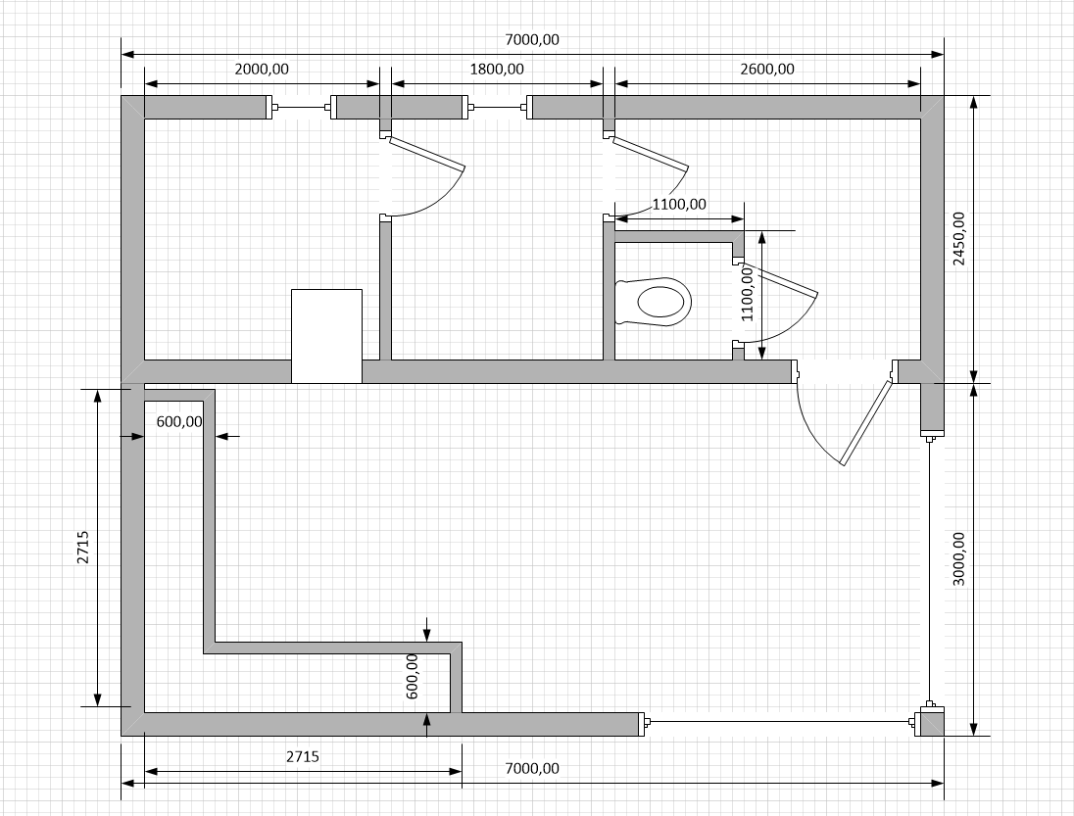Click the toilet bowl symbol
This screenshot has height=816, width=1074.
pos(654,301)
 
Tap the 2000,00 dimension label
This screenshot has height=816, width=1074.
pos(262,70)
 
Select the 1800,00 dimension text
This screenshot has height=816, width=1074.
pos(497,70)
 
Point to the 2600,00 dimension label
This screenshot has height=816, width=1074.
pos(767,70)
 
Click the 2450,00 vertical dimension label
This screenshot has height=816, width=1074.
pos(959,238)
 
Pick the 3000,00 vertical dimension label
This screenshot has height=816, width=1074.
pos(959,558)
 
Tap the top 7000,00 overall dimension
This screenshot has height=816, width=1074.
pos(531,40)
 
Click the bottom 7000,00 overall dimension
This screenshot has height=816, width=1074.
pos(531,769)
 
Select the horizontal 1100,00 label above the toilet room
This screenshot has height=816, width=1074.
pos(679,204)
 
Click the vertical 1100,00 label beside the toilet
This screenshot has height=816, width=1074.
pos(747,294)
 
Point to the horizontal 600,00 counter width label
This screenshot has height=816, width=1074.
pos(179,421)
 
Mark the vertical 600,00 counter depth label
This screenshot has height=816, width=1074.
pos(412,676)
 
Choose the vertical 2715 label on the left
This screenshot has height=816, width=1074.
pos(83,547)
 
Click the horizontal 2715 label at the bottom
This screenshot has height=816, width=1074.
pos(303,756)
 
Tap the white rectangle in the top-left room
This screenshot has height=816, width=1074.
pos(326,336)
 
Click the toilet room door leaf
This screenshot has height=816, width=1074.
pos(779,279)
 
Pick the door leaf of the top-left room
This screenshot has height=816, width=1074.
pos(427,153)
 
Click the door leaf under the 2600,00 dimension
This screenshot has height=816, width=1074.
pos(651,154)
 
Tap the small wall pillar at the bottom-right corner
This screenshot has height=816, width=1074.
pos(930,722)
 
